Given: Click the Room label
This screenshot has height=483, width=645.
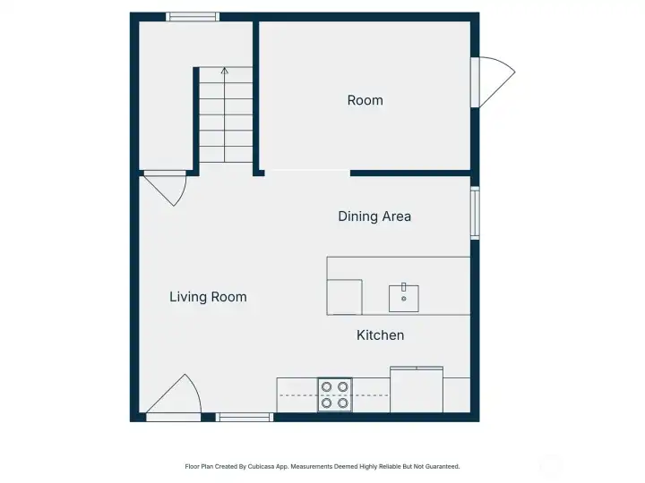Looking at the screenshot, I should [x=365, y=101].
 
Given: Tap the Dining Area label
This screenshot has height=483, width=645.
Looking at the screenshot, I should [x=374, y=216].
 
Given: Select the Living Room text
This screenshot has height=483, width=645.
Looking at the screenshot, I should [x=208, y=297].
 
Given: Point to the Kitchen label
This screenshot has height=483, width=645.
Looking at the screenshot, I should [x=380, y=335].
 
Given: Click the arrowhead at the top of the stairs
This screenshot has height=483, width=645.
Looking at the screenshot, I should [x=225, y=70].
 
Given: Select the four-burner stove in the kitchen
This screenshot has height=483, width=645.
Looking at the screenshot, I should [x=335, y=394].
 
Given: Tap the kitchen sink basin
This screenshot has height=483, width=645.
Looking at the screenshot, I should [x=403, y=298].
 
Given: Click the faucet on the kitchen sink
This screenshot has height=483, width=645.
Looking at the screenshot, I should [x=404, y=287].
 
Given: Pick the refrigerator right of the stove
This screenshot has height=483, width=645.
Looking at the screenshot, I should [x=417, y=390].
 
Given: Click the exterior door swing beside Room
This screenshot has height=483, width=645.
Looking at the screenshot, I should [x=495, y=83].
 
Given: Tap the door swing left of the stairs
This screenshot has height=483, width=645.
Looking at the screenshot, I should [x=167, y=189].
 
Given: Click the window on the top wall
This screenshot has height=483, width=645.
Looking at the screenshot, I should [x=193, y=16].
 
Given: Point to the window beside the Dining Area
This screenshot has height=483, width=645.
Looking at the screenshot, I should [x=475, y=213].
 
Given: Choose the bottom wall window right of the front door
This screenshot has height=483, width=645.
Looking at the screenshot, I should [x=245, y=417].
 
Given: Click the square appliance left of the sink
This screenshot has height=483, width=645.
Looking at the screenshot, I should [x=344, y=297].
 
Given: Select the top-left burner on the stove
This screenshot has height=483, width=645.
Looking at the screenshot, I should [x=327, y=386].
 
